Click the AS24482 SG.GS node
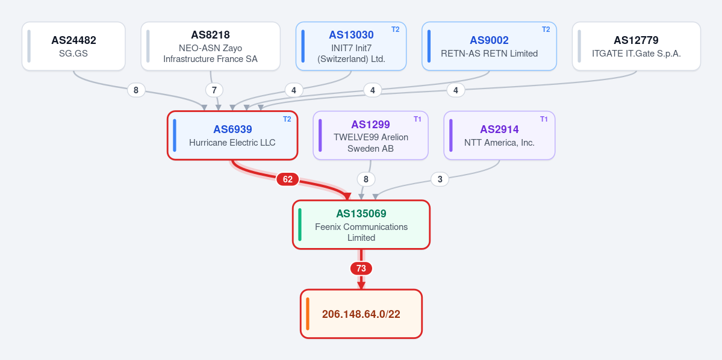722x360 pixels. tap(73, 46)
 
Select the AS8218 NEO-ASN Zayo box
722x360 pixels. tap(210, 46)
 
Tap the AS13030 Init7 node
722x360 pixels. tap(351, 46)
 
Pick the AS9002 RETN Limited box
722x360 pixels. tap(489, 46)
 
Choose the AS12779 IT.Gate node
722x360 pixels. tap(636, 46)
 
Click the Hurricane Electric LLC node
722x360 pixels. tap(232, 135)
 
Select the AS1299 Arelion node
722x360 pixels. tap(371, 135)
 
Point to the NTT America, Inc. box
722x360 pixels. tap(499, 135)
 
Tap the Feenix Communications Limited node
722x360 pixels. tap(361, 225)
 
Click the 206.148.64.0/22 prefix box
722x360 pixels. tap(361, 314)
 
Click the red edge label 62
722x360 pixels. tap(287, 179)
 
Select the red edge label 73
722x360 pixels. tap(361, 268)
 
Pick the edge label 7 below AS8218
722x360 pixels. tap(214, 90)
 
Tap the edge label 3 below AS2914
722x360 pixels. tap(440, 179)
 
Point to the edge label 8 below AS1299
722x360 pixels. tap(366, 179)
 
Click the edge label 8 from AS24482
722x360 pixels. tap(136, 90)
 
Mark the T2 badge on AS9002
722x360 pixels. tap(546, 29)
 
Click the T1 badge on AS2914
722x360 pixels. tap(544, 119)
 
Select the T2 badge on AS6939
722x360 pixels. tap(287, 119)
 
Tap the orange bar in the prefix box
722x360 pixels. tap(308, 314)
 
